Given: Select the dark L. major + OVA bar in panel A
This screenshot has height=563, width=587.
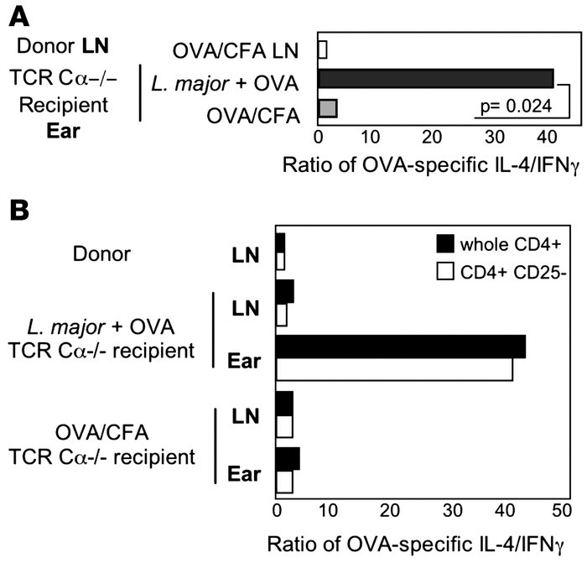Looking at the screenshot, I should coord(435,78).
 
